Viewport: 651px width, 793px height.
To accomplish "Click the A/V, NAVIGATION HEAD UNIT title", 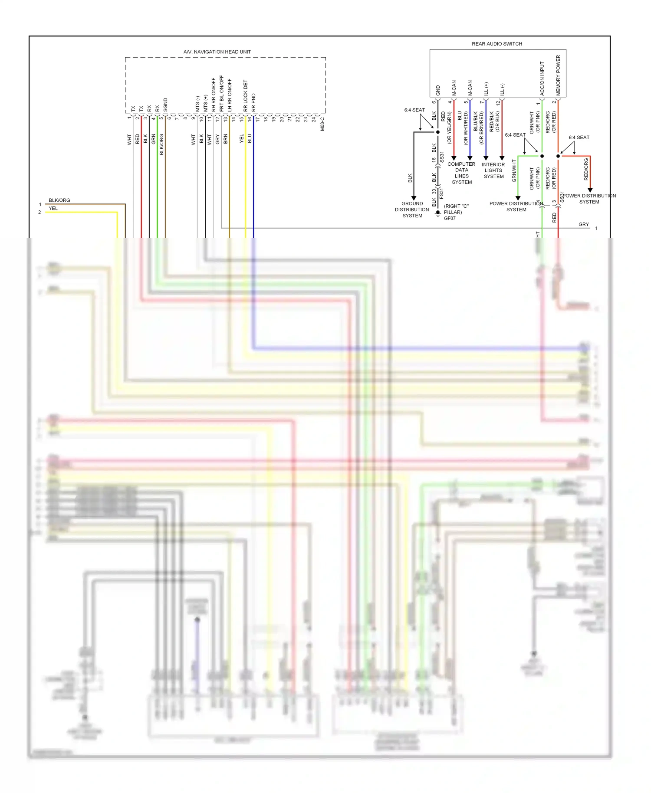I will pyautogui.click(x=217, y=52).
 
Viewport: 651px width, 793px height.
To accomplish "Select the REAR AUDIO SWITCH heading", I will pyautogui.click(x=497, y=44).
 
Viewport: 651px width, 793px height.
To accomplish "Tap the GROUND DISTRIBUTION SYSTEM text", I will pyautogui.click(x=412, y=210).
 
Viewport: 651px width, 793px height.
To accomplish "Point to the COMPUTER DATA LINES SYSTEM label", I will pyautogui.click(x=461, y=173).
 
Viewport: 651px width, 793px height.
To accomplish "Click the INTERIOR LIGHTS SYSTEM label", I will pyautogui.click(x=493, y=170).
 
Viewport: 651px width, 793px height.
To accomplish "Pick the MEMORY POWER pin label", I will pyautogui.click(x=558, y=75).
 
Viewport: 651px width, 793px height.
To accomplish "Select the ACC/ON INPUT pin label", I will pyautogui.click(x=542, y=79).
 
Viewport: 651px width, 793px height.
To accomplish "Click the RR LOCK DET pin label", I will pyautogui.click(x=246, y=95).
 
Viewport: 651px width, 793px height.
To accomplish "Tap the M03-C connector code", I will pyautogui.click(x=322, y=124).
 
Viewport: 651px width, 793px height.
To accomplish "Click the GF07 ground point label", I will pyautogui.click(x=450, y=218).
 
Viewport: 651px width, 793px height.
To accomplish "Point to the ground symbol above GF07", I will pyautogui.click(x=438, y=213).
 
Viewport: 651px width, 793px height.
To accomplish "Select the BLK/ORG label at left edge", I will pyautogui.click(x=59, y=200).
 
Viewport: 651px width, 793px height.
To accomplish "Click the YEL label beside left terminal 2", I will pyautogui.click(x=53, y=208).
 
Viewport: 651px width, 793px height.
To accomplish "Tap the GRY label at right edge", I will pyautogui.click(x=583, y=224).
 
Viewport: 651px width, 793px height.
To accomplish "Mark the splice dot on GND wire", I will pyautogui.click(x=438, y=132).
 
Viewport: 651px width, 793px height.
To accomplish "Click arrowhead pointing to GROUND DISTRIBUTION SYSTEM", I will pyautogui.click(x=414, y=198).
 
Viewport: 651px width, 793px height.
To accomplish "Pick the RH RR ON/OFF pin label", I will pyautogui.click(x=214, y=95).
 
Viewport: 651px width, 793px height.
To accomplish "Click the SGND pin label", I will pyautogui.click(x=165, y=105).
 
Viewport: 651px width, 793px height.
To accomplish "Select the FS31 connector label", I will pyautogui.click(x=442, y=193).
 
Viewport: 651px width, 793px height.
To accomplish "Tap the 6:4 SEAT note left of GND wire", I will pyautogui.click(x=414, y=110).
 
